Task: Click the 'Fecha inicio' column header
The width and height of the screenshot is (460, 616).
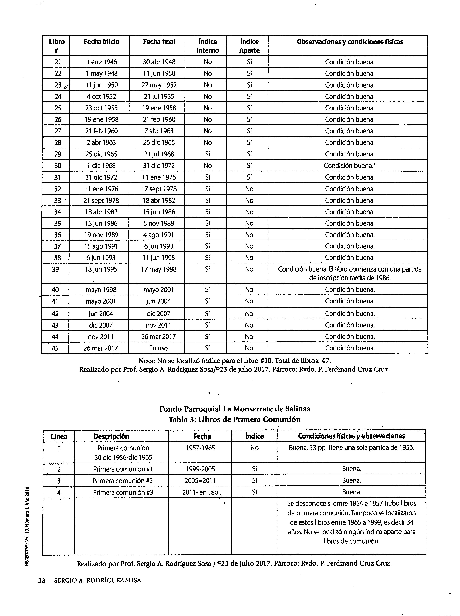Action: (102, 42)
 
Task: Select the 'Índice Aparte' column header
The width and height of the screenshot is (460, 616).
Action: (249, 46)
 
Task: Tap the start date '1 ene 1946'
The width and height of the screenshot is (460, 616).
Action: (102, 62)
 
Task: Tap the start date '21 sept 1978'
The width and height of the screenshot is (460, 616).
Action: (101, 200)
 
